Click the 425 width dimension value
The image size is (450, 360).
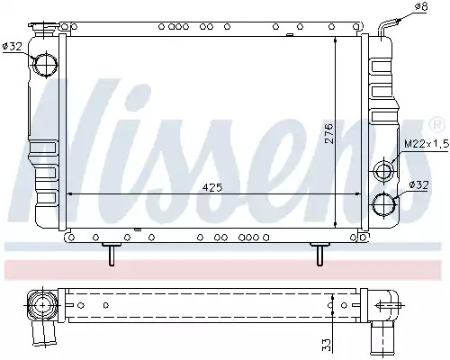pyautogui.click(x=212, y=187)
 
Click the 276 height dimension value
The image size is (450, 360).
pyautogui.click(x=329, y=133)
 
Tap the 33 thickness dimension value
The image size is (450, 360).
pyautogui.click(x=326, y=345)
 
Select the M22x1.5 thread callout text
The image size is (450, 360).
pyautogui.click(x=427, y=144)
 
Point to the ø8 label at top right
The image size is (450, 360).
pyautogui.click(x=420, y=6)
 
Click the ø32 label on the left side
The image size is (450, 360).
pyautogui.click(x=13, y=46)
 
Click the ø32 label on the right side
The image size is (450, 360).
pyautogui.click(x=418, y=185)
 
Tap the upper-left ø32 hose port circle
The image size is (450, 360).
pyautogui.click(x=46, y=65)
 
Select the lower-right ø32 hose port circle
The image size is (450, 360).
pyautogui.click(x=384, y=204)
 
